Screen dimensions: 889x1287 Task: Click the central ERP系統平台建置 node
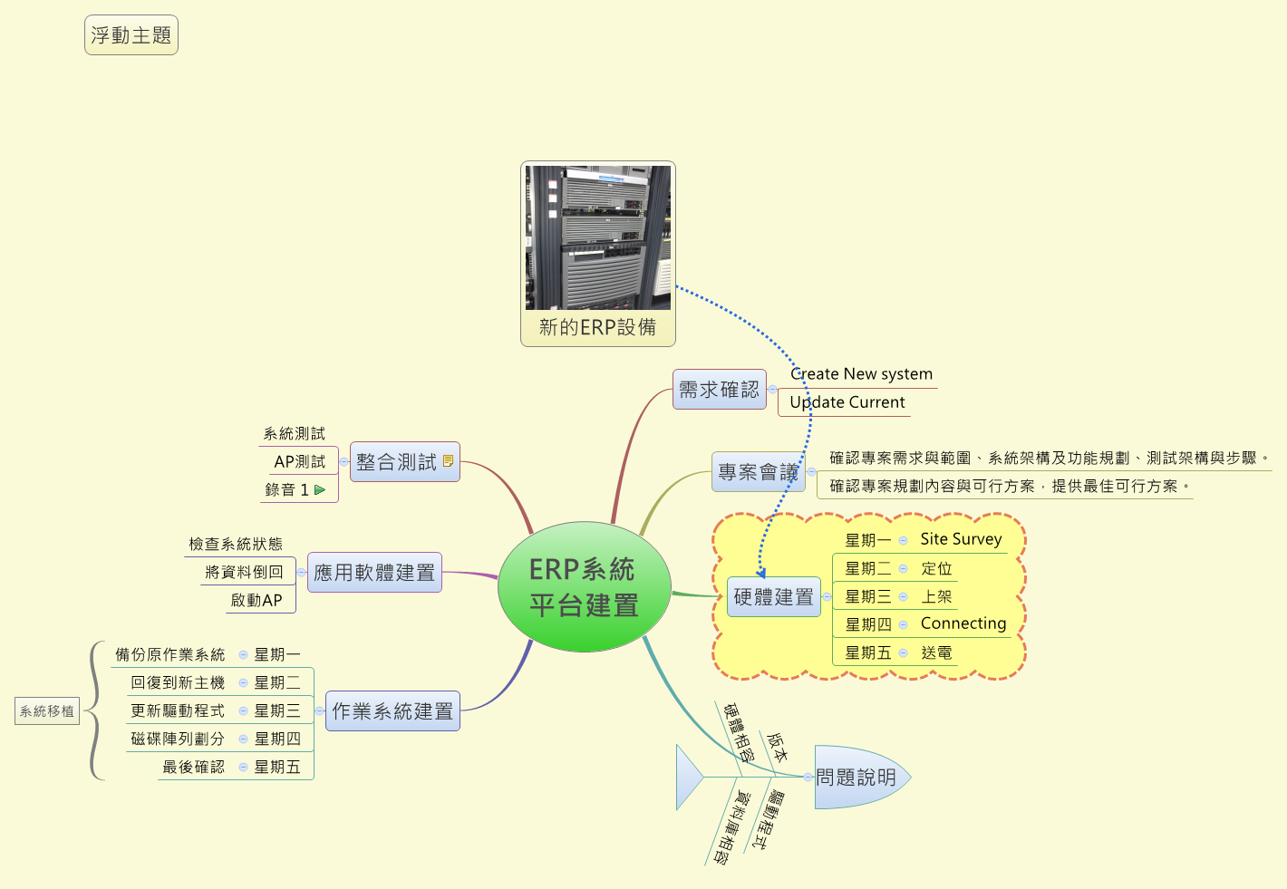(x=585, y=587)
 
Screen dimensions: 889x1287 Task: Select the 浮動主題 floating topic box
(x=131, y=35)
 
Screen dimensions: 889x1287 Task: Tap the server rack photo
(x=598, y=237)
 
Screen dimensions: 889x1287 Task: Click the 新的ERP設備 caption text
(x=597, y=327)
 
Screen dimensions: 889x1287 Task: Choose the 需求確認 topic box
(x=719, y=390)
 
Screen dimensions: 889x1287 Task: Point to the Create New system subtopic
(x=861, y=374)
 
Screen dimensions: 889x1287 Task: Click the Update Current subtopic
(x=847, y=402)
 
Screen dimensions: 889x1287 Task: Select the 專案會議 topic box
(x=758, y=472)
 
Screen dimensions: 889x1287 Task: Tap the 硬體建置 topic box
(x=773, y=597)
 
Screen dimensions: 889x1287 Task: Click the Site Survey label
(x=961, y=539)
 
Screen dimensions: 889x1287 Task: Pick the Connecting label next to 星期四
(x=963, y=623)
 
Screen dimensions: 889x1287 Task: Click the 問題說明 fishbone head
(x=857, y=778)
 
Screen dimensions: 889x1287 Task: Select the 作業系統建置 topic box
(x=392, y=711)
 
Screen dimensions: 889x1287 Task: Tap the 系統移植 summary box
(x=47, y=711)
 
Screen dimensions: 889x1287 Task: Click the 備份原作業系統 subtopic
(x=170, y=654)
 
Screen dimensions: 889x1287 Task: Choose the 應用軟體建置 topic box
(x=374, y=573)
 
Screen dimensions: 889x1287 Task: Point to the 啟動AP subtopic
(x=256, y=600)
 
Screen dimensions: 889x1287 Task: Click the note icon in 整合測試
(x=448, y=461)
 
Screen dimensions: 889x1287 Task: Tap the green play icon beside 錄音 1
(x=320, y=489)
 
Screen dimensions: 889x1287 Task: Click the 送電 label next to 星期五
(x=936, y=652)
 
